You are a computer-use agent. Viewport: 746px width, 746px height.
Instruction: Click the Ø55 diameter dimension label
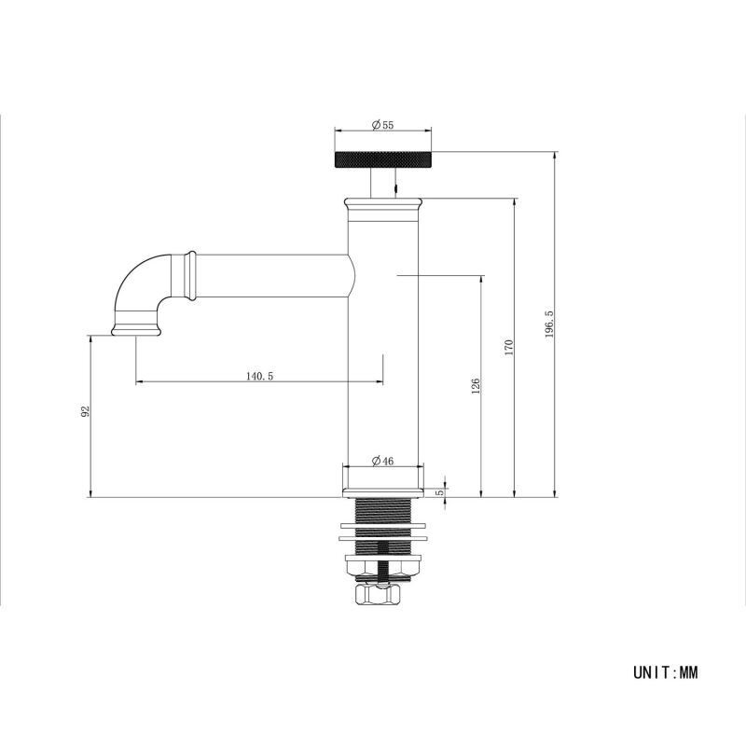[382, 125]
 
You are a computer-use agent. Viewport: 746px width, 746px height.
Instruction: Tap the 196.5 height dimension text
[549, 324]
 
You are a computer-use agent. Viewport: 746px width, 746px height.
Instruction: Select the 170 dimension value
[509, 348]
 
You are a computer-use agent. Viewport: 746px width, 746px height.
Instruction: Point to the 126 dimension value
[476, 386]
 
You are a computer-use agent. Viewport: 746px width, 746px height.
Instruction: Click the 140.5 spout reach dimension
[260, 377]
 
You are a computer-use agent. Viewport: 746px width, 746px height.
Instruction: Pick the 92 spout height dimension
[85, 411]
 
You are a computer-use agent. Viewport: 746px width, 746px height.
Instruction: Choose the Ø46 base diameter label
[382, 461]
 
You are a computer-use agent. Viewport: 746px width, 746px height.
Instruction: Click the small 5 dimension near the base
[440, 492]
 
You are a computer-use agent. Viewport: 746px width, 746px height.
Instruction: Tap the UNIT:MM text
[666, 672]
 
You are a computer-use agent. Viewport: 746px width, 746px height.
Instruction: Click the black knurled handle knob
[383, 159]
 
